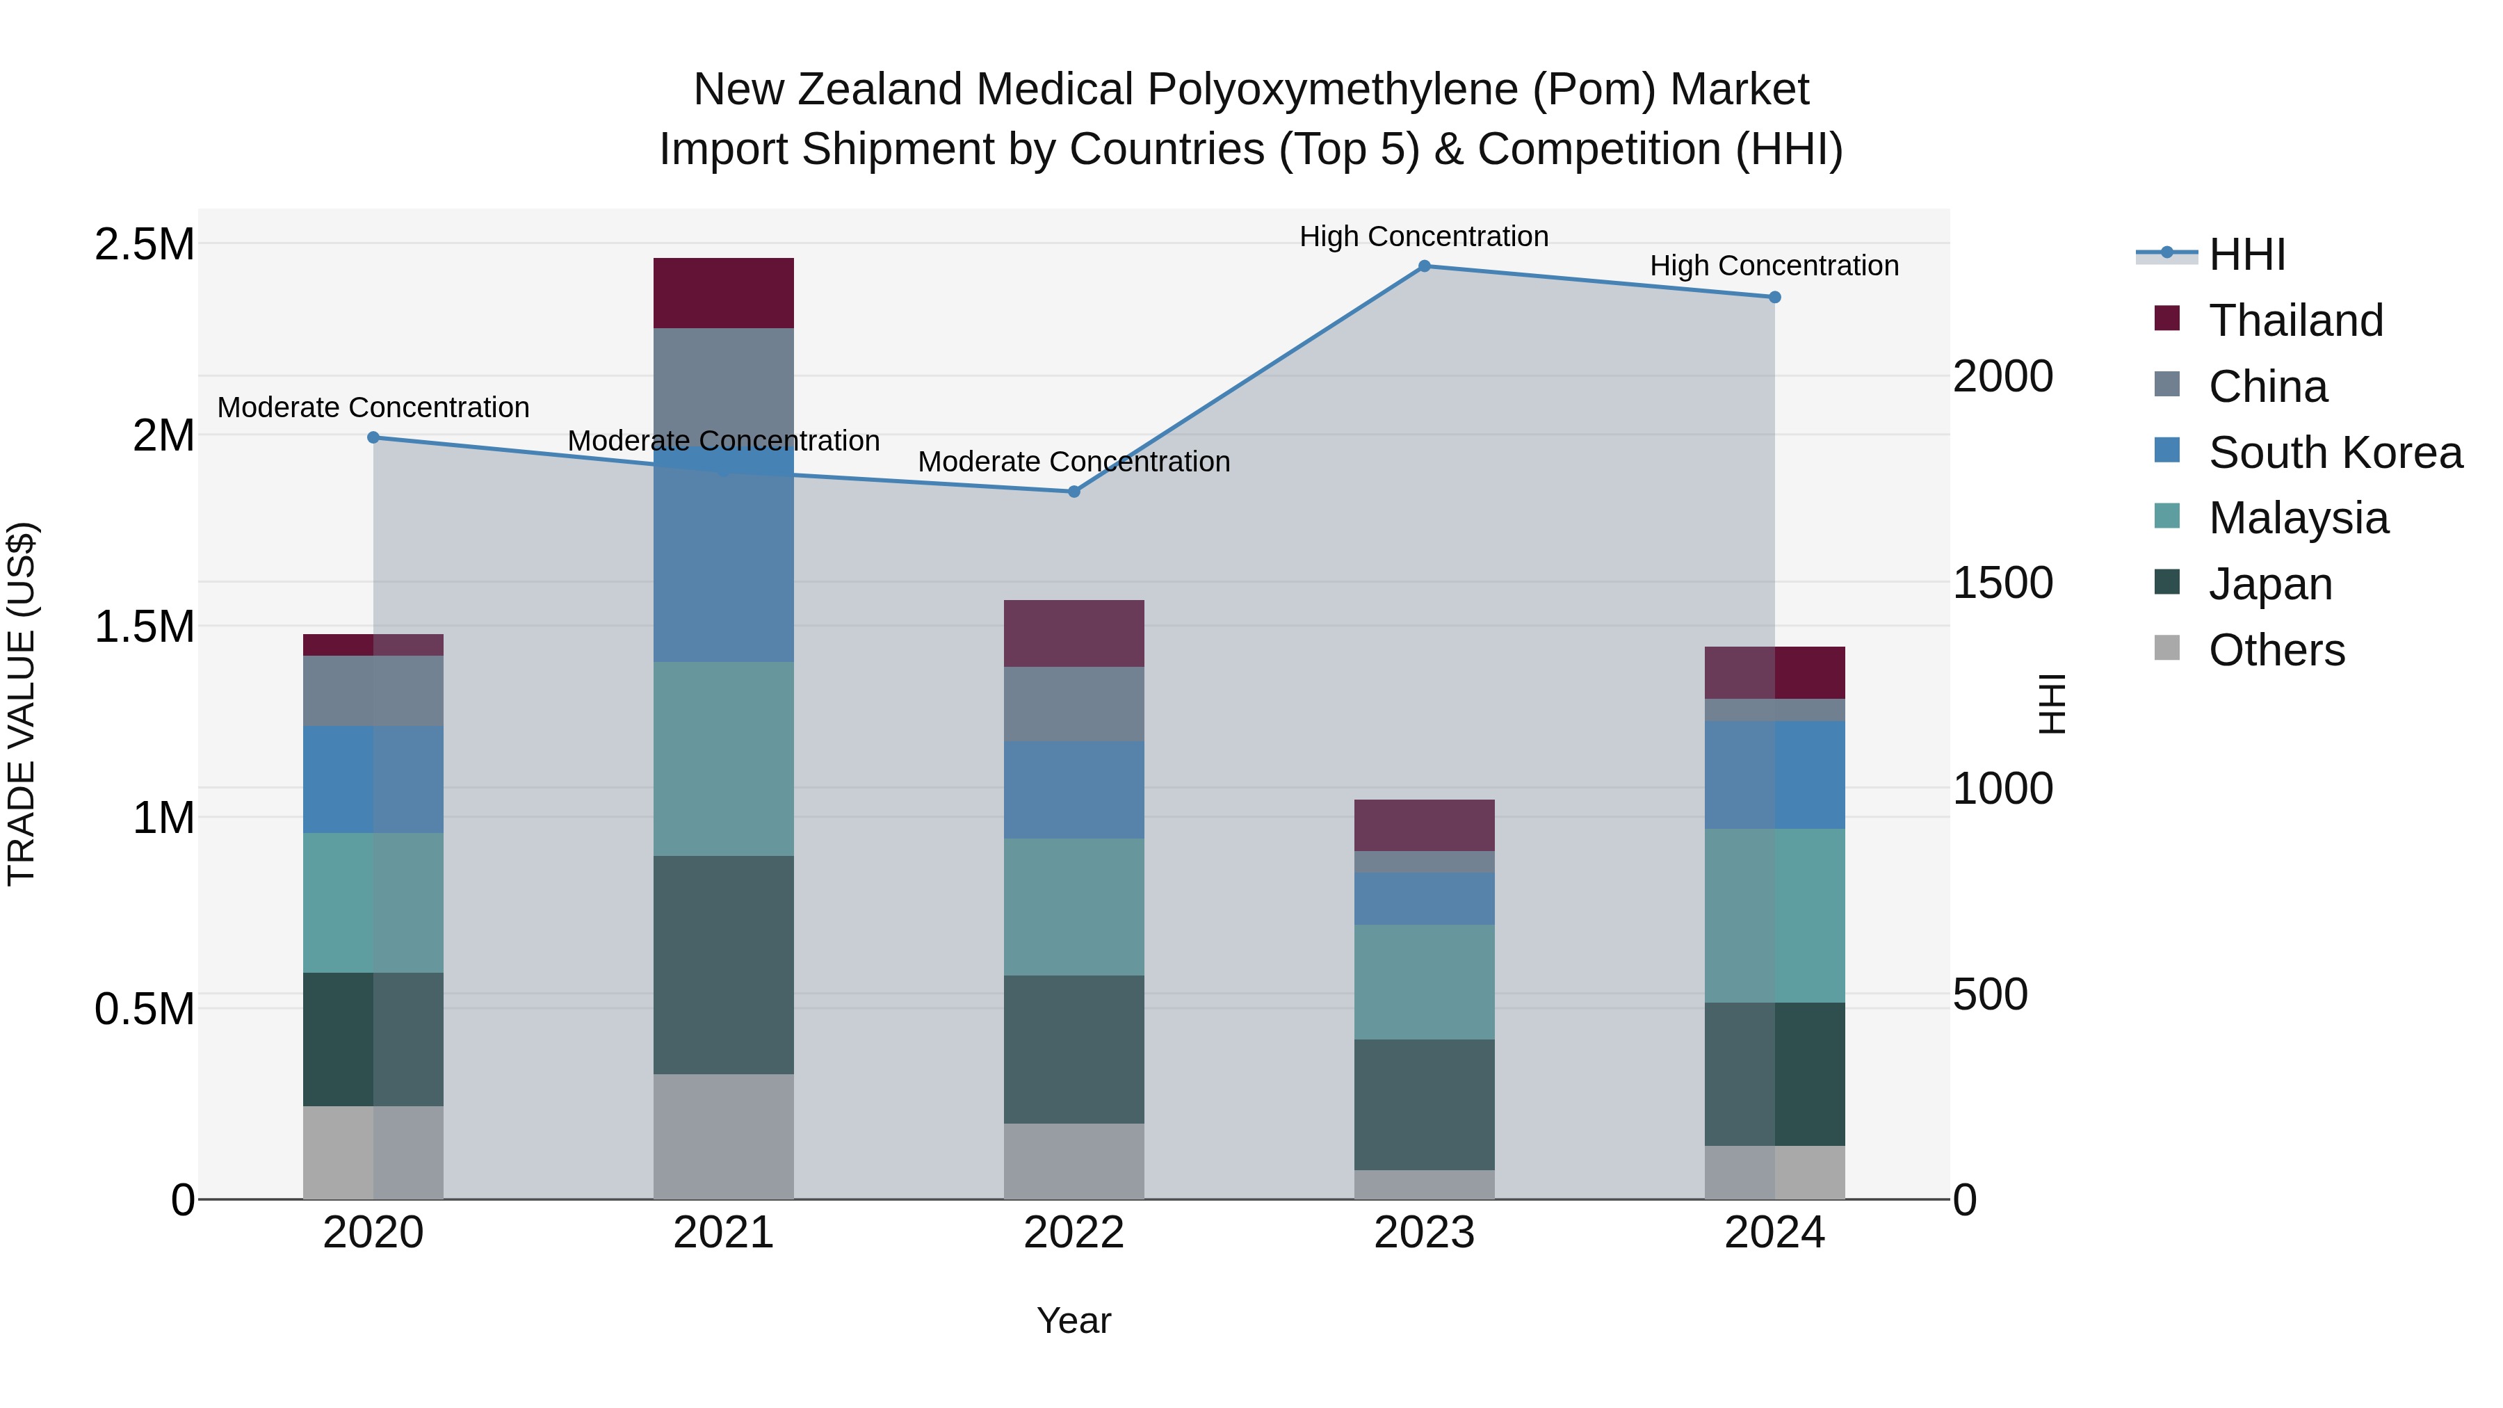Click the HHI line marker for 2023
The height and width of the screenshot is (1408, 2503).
(x=1425, y=266)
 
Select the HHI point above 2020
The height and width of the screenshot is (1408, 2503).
(x=373, y=437)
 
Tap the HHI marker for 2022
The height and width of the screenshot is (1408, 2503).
(x=1074, y=492)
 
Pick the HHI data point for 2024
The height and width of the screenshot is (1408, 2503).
(x=1774, y=298)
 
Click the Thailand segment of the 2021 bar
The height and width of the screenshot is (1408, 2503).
(x=723, y=293)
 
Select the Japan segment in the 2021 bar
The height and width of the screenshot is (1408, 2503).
(x=723, y=965)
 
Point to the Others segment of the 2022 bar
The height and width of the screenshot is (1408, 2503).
(x=1074, y=1161)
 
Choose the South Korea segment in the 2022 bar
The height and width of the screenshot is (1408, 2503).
(x=1074, y=789)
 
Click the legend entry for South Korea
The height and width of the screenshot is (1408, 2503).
(x=2335, y=453)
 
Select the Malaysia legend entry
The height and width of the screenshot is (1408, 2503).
(x=2298, y=518)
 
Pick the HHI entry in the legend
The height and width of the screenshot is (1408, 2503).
(x=2246, y=254)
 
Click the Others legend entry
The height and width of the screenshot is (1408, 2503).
(x=2276, y=650)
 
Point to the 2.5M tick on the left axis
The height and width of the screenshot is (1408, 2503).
(x=144, y=244)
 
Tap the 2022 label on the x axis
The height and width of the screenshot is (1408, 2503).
(x=1074, y=1233)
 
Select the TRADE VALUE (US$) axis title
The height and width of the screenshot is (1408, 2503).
(x=22, y=704)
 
